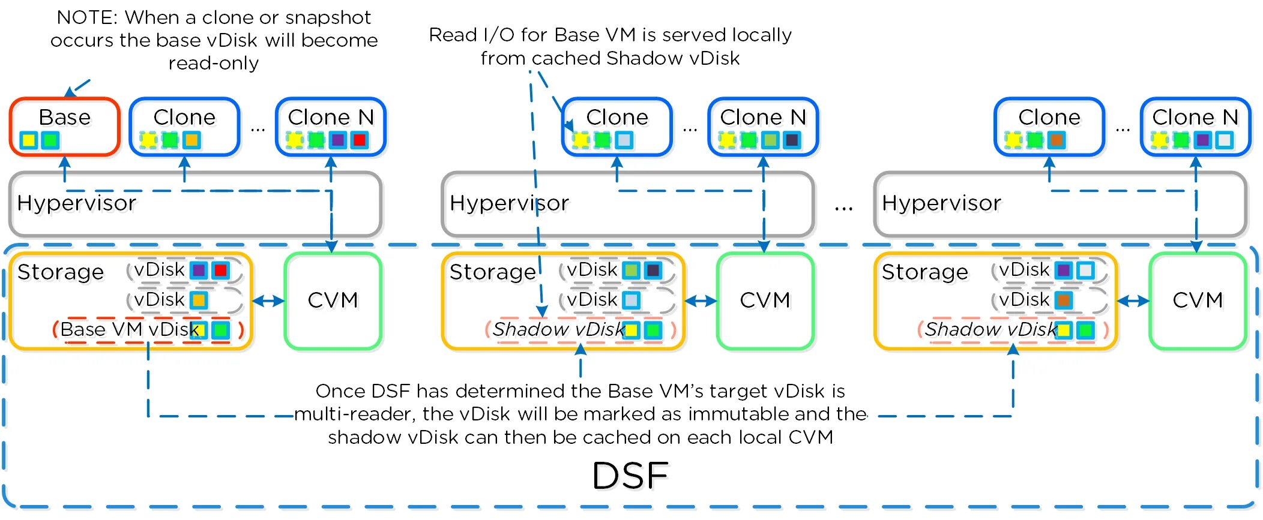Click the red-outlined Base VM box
click(x=64, y=127)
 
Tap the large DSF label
click(x=630, y=476)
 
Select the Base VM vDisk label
click(x=129, y=329)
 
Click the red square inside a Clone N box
click(x=359, y=140)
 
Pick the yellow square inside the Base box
click(x=28, y=140)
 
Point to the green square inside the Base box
click(x=50, y=140)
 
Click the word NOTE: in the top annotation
click(x=86, y=17)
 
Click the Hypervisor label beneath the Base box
click(x=77, y=203)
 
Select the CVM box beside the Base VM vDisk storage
click(x=333, y=300)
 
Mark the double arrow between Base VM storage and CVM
click(x=268, y=301)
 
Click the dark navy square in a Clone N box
click(x=792, y=140)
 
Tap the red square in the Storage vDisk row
click(x=220, y=270)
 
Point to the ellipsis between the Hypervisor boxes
click(x=843, y=208)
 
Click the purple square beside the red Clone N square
click(x=338, y=140)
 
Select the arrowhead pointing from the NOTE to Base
click(x=70, y=92)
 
